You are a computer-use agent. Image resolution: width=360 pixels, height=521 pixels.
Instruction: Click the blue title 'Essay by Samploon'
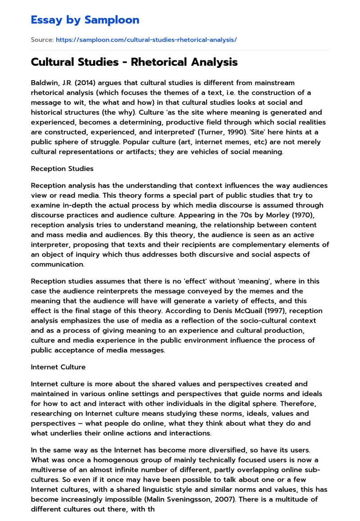point(85,20)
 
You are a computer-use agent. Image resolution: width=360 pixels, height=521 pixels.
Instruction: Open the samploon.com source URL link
point(146,40)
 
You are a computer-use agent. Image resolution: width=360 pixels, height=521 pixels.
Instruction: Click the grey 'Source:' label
point(42,40)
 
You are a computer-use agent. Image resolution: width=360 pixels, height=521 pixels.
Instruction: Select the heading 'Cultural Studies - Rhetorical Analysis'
point(134,62)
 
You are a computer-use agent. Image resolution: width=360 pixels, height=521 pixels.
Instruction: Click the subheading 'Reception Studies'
point(62,168)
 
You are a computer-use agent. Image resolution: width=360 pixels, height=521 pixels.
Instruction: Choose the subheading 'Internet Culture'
point(58,367)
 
